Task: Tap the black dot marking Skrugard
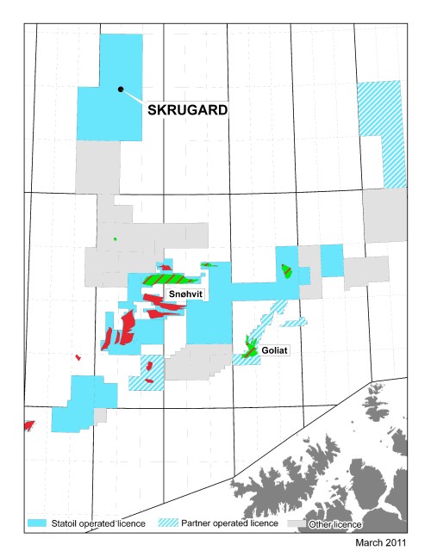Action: (121, 89)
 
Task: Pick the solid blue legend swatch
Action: (37, 523)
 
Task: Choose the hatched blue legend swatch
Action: (171, 523)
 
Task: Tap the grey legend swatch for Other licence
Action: (297, 523)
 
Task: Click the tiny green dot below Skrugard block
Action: (115, 238)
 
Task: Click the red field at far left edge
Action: (28, 425)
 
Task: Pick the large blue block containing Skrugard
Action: (110, 86)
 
